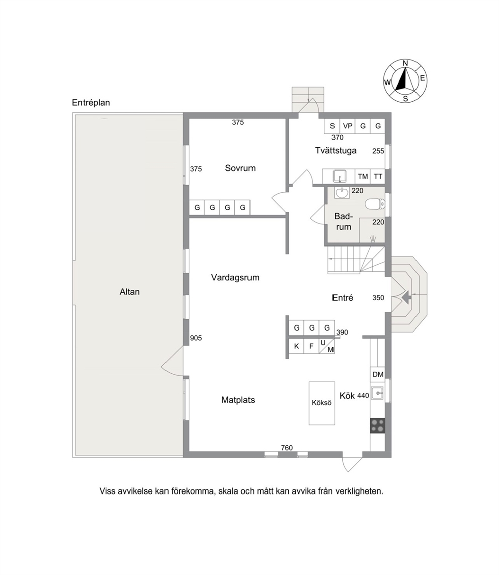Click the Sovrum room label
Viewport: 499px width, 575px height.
[x=240, y=168]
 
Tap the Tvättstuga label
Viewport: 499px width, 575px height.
[x=336, y=151]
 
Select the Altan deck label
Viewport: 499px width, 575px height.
[x=129, y=292]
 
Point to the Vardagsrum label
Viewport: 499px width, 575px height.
[x=235, y=278]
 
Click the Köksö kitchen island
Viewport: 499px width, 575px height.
[x=322, y=403]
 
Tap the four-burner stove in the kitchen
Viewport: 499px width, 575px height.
[x=378, y=426]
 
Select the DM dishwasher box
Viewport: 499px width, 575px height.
[x=378, y=374]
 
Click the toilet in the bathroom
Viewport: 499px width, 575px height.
[x=375, y=204]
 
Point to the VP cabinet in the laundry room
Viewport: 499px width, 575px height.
[x=347, y=126]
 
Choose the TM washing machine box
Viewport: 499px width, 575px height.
[x=363, y=177]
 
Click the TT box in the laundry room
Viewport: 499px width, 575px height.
[x=378, y=177]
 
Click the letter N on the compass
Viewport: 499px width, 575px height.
[x=405, y=63]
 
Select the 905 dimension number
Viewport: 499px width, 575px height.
[x=196, y=338]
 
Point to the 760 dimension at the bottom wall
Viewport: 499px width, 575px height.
[x=287, y=448]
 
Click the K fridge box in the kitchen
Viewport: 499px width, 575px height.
[x=297, y=346]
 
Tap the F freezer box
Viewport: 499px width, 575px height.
[x=312, y=346]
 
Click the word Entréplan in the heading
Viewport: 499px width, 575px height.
[x=91, y=103]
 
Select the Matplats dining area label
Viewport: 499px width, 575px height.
[x=238, y=400]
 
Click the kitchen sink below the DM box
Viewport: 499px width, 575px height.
[x=377, y=393]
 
